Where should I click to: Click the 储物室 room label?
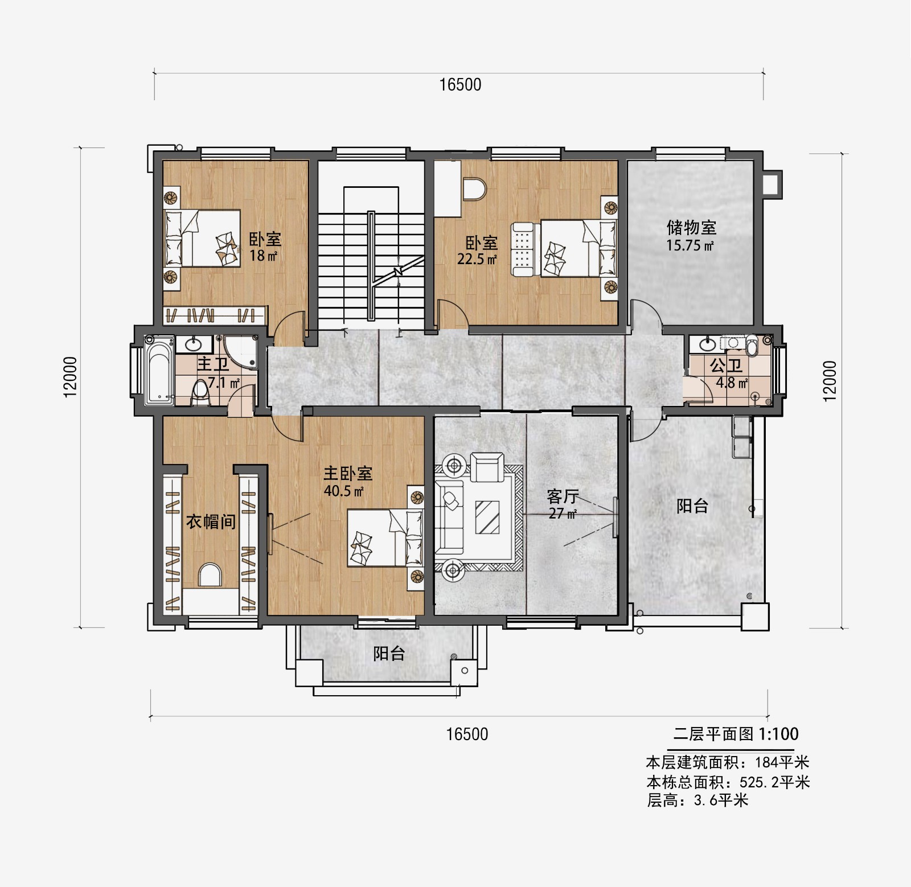tap(691, 228)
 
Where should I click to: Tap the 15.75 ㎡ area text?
tap(690, 246)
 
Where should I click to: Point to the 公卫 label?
tap(726, 366)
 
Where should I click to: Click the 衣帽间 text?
tap(211, 521)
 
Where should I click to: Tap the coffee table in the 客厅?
tap(487, 517)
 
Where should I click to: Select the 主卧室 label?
tap(348, 473)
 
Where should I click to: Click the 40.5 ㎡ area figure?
tap(344, 491)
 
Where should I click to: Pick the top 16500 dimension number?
tap(460, 85)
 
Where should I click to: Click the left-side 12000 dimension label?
tap(70, 377)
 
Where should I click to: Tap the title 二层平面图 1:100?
tap(736, 734)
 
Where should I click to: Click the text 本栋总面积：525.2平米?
tap(728, 782)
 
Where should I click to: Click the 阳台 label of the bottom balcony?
tap(389, 654)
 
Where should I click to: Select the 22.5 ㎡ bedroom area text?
tap(477, 260)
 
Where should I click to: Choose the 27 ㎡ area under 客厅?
tap(563, 514)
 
